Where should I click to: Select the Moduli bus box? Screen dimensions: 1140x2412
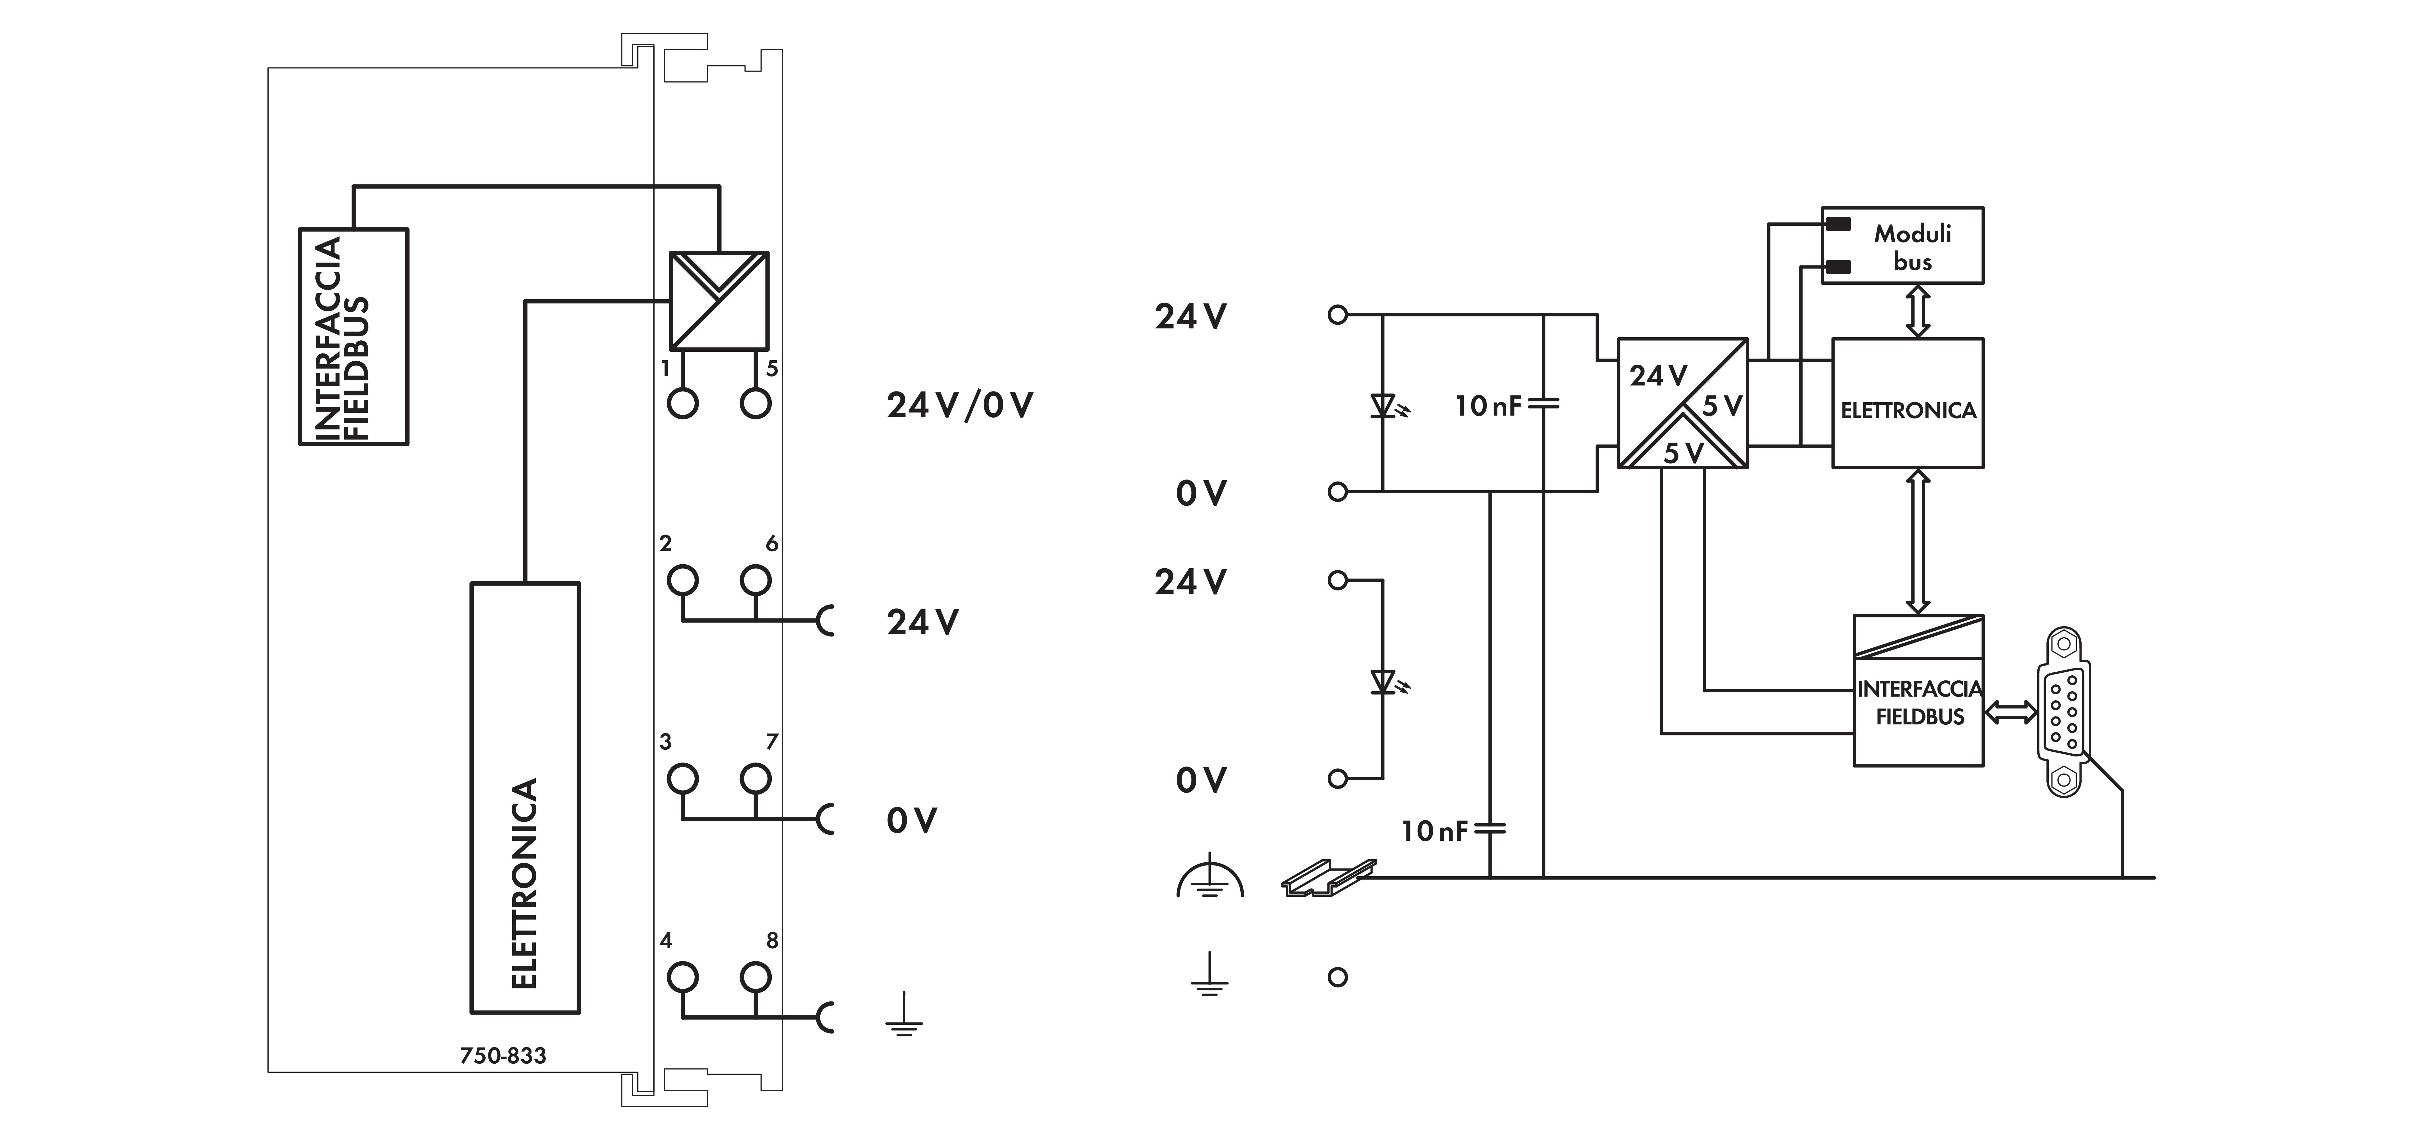tap(1902, 246)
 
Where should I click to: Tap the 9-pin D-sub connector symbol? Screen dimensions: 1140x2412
tap(2065, 712)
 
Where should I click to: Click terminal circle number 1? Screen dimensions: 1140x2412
tap(683, 404)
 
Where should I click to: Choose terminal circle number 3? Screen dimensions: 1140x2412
tap(683, 778)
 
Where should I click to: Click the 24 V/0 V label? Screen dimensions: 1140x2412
tap(960, 406)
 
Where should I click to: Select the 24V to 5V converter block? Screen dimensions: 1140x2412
tap(1683, 403)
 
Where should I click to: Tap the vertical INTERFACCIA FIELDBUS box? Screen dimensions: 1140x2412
tap(353, 336)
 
